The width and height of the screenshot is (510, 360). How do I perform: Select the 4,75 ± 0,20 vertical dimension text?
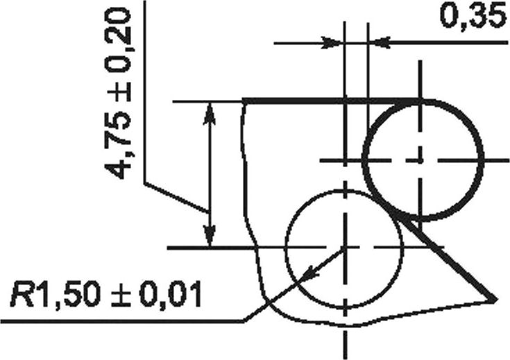click(x=118, y=94)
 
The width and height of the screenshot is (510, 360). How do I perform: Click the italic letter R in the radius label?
click(x=21, y=295)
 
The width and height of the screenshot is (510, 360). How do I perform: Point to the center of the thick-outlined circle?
click(x=421, y=160)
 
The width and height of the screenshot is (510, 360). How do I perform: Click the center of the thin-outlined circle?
click(x=345, y=248)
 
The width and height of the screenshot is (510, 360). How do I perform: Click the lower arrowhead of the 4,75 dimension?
click(x=210, y=236)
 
